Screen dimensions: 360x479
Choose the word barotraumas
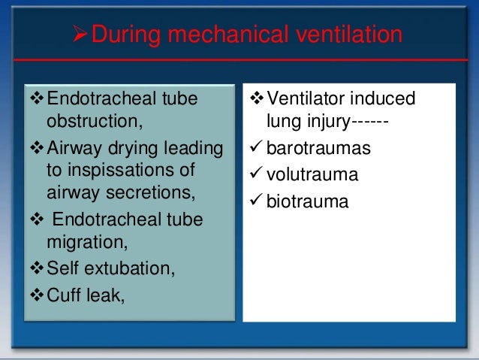318,149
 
